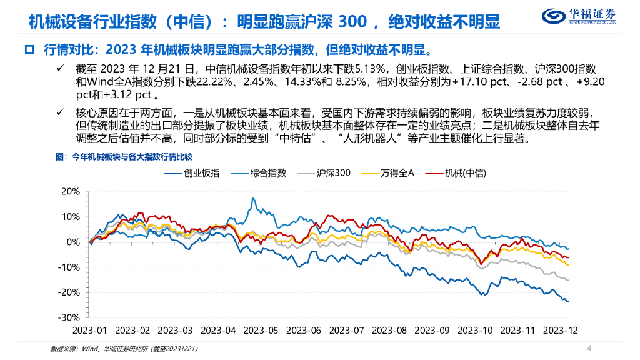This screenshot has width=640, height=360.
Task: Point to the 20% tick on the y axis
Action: [x=71, y=191]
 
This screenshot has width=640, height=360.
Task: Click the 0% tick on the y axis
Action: [x=73, y=242]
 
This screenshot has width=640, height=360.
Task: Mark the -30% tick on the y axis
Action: [x=69, y=317]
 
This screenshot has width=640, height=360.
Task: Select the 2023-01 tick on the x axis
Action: [x=91, y=329]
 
